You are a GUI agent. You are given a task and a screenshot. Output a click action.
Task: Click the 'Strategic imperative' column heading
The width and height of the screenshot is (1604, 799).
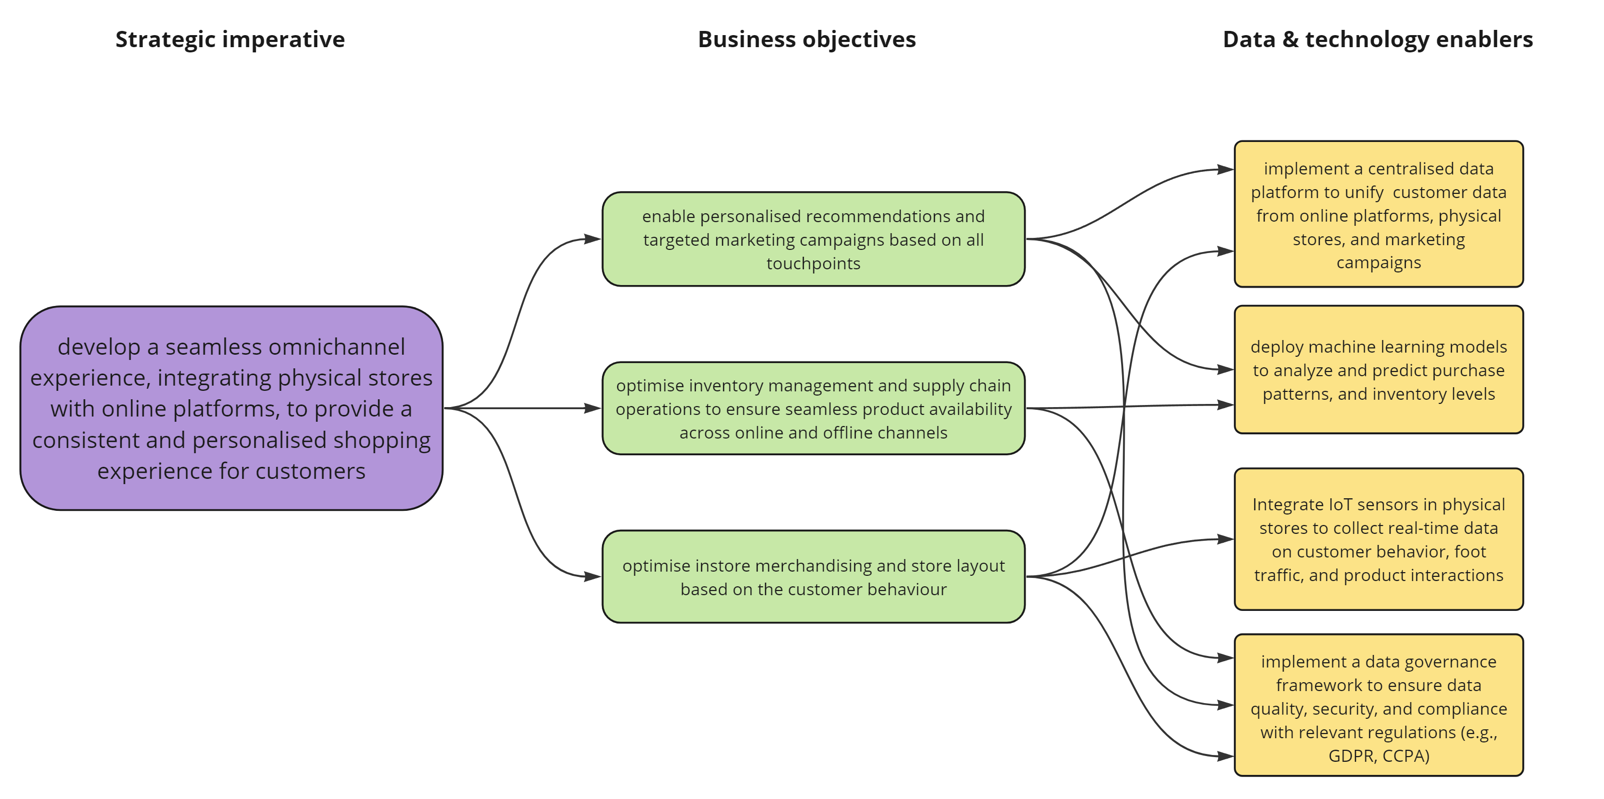pos(230,39)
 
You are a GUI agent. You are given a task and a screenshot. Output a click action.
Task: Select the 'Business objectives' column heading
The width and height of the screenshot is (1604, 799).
pos(806,39)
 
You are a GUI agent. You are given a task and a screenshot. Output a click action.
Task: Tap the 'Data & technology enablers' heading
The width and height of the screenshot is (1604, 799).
pos(1377,39)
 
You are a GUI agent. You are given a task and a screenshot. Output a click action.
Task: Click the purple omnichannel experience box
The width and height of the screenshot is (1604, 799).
pos(231,408)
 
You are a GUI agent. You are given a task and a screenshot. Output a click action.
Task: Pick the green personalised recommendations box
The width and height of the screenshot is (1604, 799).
pos(813,239)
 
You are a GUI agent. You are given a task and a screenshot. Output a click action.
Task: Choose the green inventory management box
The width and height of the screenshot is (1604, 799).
pos(813,408)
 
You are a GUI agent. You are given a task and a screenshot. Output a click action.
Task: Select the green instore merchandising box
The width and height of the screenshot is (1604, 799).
pos(813,576)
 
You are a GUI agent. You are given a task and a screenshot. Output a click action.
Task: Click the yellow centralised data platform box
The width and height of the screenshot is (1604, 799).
pos(1378,214)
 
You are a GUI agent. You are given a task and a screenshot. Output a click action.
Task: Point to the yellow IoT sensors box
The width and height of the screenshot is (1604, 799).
pos(1378,539)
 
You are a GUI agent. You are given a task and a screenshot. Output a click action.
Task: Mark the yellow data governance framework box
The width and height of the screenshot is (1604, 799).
pos(1378,705)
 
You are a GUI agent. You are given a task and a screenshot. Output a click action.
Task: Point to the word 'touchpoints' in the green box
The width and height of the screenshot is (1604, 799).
pos(813,263)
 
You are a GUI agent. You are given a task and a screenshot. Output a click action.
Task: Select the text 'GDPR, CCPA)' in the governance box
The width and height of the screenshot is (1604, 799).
pos(1378,756)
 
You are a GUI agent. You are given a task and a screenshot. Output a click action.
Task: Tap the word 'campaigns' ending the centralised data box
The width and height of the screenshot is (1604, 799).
pos(1378,262)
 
